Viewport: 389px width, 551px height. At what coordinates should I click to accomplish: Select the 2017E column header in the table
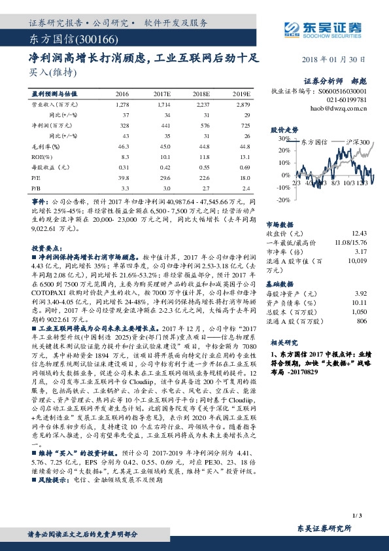click(164, 94)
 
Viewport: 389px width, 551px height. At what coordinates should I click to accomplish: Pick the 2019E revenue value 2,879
click(243, 104)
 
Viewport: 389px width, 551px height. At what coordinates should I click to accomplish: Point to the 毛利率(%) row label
click(42, 146)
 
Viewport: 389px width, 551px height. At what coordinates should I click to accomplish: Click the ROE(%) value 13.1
click(243, 156)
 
